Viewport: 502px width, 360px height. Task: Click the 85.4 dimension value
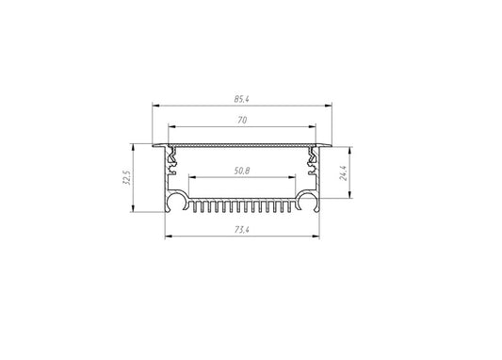(241, 99)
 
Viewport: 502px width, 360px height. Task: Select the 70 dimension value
(242, 121)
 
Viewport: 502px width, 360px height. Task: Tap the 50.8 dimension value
(242, 171)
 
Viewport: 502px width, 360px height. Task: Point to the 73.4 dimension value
(242, 230)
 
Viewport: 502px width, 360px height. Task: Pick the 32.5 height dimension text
(127, 177)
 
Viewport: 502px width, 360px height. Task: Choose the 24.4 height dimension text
(344, 173)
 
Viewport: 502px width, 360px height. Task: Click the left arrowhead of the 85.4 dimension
(155, 105)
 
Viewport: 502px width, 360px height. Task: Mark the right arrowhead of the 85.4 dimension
(328, 105)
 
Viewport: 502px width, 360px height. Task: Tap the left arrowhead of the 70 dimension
(172, 126)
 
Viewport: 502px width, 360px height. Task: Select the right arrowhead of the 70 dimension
(312, 126)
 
